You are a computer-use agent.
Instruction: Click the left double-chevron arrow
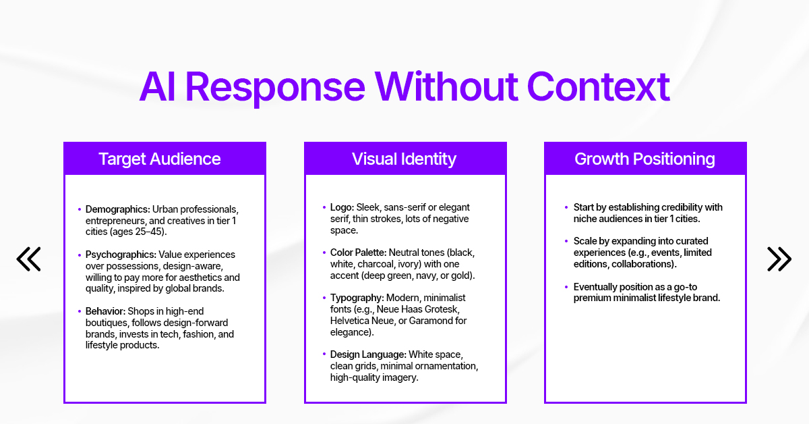point(29,259)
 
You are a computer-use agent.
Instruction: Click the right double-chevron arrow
point(779,259)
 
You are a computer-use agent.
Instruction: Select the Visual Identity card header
point(404,159)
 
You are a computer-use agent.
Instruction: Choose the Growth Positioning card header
point(645,159)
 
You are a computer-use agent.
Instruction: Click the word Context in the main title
point(598,87)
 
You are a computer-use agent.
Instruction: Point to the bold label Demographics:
point(118,210)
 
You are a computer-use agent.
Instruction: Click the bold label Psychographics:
point(121,255)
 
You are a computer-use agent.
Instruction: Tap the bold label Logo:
point(342,207)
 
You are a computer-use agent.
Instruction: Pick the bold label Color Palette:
point(358,253)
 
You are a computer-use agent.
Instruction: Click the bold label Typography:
point(355,298)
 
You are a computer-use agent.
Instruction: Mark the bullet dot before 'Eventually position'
point(566,287)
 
